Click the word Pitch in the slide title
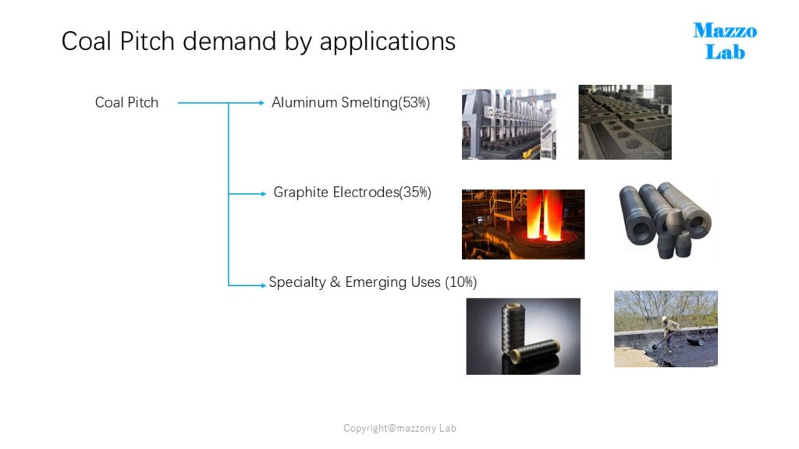click(147, 41)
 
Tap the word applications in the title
click(387, 42)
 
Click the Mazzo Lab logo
click(725, 41)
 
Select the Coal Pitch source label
click(126, 102)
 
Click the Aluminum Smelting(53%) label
click(350, 103)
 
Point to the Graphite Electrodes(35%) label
click(352, 193)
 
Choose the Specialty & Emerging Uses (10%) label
click(372, 282)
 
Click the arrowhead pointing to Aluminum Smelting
click(262, 103)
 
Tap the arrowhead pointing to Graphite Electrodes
click(263, 193)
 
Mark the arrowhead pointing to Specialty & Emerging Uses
click(263, 285)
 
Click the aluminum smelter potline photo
click(509, 124)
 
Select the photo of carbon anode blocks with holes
click(625, 122)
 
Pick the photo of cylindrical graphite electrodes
click(665, 221)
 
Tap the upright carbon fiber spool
click(513, 327)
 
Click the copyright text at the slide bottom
click(399, 428)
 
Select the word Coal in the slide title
click(86, 41)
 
